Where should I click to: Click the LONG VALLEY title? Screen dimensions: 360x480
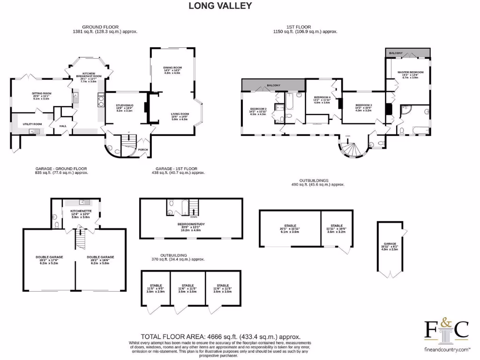click(x=220, y=6)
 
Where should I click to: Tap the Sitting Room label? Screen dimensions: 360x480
click(x=42, y=93)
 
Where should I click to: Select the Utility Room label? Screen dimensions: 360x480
click(x=32, y=124)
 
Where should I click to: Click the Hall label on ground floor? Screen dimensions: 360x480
click(x=63, y=126)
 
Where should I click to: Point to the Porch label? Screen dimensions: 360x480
click(x=142, y=150)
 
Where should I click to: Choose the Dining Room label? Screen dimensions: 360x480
click(x=172, y=67)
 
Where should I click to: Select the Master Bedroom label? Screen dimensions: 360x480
click(x=411, y=72)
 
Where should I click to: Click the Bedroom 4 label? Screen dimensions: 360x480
click(x=322, y=97)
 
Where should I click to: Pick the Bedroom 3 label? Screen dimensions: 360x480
click(x=363, y=105)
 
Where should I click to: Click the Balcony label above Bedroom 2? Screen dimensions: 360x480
click(x=273, y=85)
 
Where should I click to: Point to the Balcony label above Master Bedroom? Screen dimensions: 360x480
click(x=396, y=53)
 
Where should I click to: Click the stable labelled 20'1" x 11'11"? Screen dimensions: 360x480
click(x=289, y=226)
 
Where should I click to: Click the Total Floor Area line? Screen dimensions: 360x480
click(x=220, y=337)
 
